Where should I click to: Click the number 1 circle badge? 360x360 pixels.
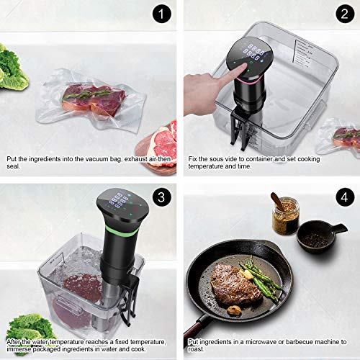coord(162,15)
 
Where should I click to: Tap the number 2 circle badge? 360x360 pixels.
coord(346,15)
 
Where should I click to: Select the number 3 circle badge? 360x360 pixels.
coord(162,197)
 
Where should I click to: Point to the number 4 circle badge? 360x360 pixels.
coord(346,197)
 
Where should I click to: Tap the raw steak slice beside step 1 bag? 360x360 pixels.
coord(160,140)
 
